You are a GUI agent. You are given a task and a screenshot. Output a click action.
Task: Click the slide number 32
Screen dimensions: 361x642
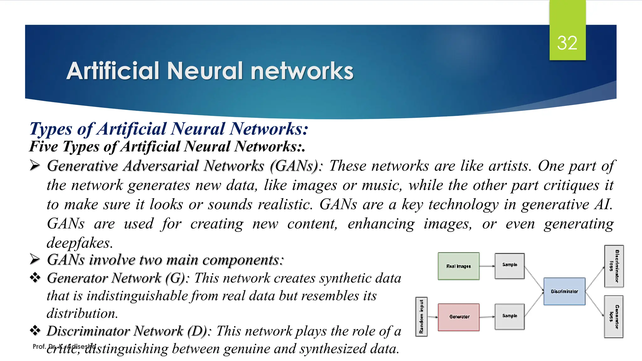tap(567, 43)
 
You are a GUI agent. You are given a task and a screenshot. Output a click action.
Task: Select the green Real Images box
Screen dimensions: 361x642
tap(459, 266)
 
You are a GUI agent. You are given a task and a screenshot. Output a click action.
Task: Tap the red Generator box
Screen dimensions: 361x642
tap(459, 317)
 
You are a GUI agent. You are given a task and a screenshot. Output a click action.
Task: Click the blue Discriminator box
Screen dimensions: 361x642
tap(564, 291)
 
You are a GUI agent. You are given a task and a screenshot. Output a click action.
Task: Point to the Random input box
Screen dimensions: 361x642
tap(421, 317)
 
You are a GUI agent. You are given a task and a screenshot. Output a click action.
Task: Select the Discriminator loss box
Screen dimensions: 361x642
tap(614, 266)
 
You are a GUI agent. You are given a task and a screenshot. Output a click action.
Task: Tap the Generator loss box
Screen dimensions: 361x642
tap(613, 317)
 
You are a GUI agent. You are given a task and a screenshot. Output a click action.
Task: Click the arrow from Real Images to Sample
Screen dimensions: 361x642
tap(487, 266)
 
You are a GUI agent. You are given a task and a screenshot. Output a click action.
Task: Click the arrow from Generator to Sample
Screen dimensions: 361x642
tap(487, 317)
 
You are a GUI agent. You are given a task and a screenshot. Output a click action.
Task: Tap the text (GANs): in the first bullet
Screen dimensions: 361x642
tap(296, 166)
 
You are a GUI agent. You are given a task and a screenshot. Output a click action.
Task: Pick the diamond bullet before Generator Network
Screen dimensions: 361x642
tap(35, 278)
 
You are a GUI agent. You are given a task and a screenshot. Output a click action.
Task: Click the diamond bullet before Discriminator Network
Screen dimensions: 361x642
tap(35, 330)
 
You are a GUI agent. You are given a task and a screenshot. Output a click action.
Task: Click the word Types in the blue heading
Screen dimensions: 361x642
tap(51, 129)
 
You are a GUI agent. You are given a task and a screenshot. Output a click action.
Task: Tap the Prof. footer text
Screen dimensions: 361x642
tap(39, 346)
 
